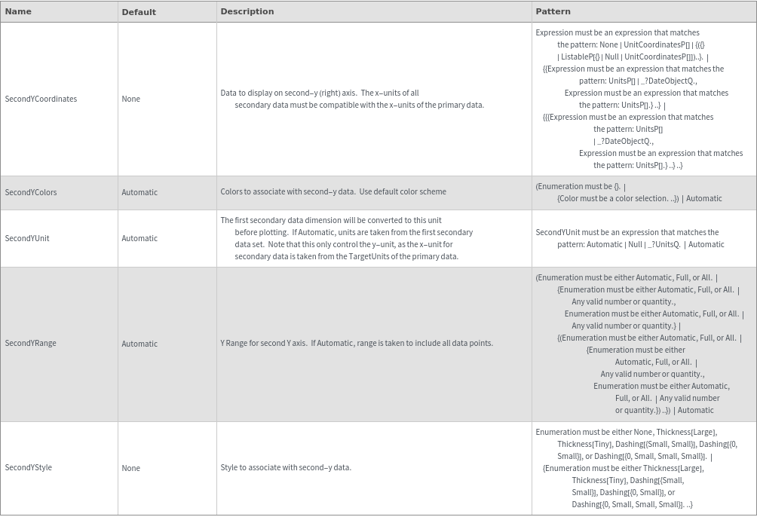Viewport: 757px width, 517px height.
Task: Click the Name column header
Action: pos(18,11)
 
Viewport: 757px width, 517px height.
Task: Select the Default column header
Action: pos(139,12)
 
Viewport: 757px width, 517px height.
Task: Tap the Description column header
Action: pos(247,11)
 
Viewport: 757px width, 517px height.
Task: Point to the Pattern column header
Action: pos(553,11)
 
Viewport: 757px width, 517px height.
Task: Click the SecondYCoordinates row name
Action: pos(41,99)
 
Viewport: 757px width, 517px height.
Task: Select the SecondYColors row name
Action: pos(31,192)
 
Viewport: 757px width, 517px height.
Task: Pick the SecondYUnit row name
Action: pos(27,238)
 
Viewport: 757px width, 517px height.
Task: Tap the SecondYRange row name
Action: pos(30,343)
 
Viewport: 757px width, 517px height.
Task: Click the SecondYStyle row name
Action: pos(29,467)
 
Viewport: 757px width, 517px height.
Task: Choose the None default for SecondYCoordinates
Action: pos(130,99)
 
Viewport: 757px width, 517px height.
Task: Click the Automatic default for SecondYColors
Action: pos(139,192)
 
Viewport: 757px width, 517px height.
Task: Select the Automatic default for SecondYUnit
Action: pos(139,238)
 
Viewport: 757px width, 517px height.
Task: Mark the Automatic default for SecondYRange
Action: pos(139,344)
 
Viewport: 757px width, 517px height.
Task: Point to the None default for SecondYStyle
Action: pos(130,468)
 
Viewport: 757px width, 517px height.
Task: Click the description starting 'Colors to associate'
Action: pos(333,191)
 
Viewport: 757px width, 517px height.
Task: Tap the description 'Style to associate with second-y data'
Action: pos(286,467)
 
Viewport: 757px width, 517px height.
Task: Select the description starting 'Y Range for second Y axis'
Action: pos(356,343)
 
